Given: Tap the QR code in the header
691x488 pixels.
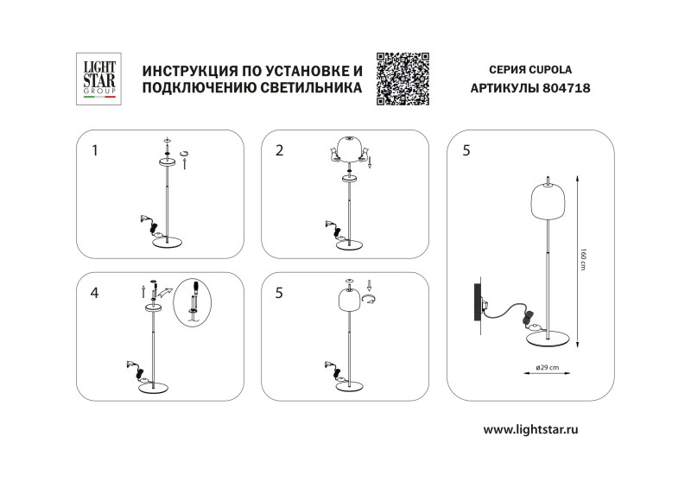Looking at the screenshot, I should [403, 79].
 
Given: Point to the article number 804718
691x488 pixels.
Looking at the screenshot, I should [567, 88].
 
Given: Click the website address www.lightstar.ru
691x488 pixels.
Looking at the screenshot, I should [529, 428].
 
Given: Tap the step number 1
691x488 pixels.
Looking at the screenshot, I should [95, 150].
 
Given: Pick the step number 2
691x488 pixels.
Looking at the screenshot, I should [279, 150].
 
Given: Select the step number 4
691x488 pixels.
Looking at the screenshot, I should [95, 293].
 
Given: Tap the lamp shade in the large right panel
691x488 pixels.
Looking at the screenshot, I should [546, 207].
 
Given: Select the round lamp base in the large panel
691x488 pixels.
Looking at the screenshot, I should [549, 337].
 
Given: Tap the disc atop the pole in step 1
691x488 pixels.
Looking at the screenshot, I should [167, 162].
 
